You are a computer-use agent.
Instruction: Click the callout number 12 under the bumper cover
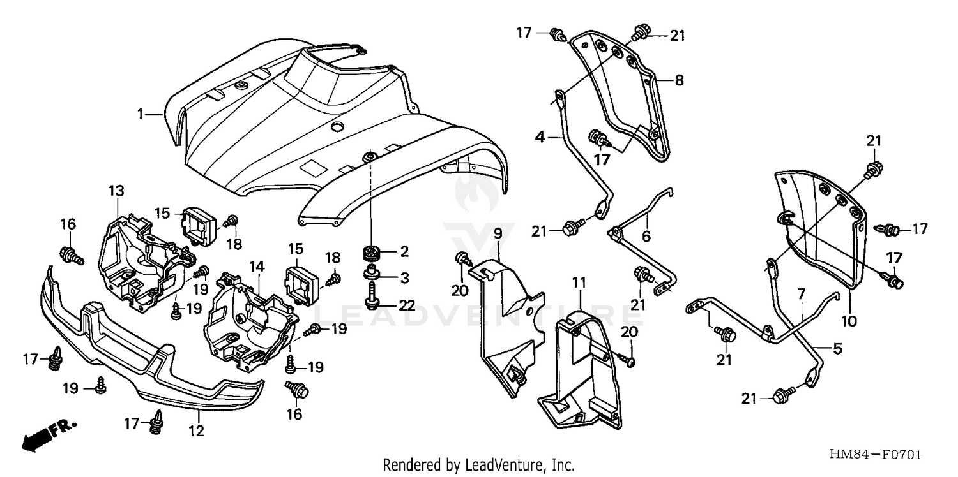coord(197,432)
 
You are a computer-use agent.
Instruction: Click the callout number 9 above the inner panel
coord(498,232)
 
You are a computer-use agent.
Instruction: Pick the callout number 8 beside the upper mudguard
coord(679,80)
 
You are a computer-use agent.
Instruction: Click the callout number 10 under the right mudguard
coord(848,323)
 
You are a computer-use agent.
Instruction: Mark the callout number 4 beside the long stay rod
coord(540,136)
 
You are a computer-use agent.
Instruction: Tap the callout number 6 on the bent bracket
coord(646,235)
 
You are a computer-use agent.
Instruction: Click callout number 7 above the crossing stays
coord(802,294)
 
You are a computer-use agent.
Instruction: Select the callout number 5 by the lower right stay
coord(837,349)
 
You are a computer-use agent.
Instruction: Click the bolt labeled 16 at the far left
coord(70,256)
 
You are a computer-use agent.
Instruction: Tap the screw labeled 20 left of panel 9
coord(461,259)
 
